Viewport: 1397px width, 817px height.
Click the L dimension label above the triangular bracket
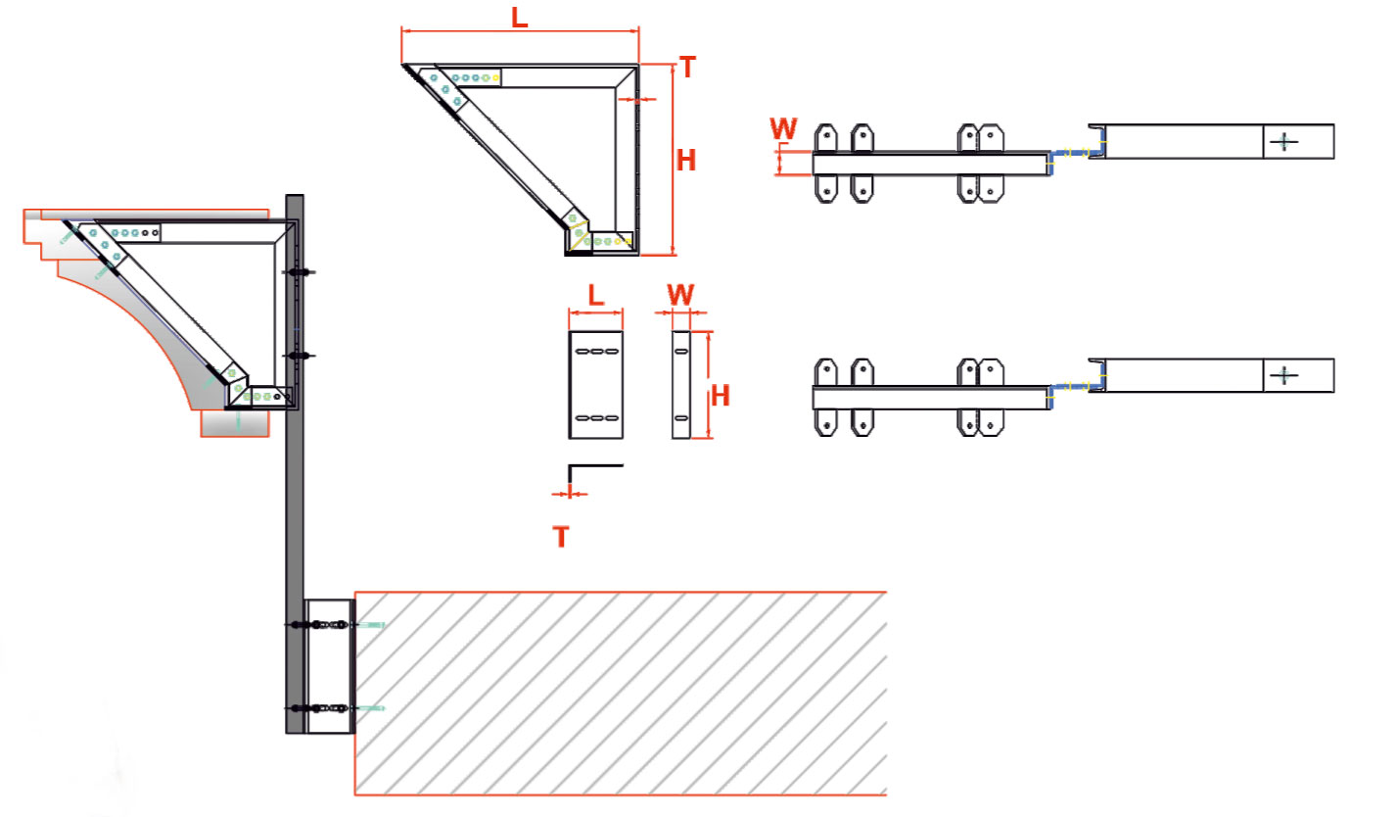[x=520, y=17]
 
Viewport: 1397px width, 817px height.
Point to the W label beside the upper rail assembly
[x=784, y=128]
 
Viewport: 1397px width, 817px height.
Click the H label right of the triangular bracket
[x=686, y=160]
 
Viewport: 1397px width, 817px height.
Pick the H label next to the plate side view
[x=721, y=396]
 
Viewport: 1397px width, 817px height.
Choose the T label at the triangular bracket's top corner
[x=687, y=68]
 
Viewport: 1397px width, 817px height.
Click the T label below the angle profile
[x=561, y=537]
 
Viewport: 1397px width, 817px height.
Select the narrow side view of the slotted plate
[x=680, y=385]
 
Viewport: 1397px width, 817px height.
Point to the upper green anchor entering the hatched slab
[x=371, y=624]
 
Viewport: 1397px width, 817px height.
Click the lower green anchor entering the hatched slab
[x=371, y=707]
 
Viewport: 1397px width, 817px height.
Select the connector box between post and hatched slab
[x=329, y=666]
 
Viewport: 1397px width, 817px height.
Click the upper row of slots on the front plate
[x=596, y=351]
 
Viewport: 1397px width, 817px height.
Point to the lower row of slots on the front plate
[x=596, y=418]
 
